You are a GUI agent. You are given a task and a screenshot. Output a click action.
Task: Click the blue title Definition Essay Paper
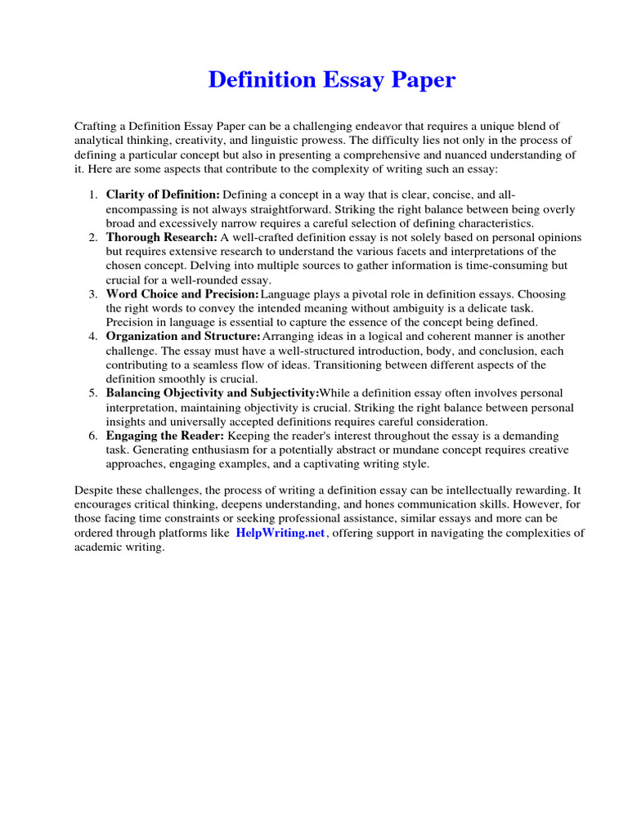pos(331,80)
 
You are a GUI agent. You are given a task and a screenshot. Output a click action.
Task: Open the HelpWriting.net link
pos(280,533)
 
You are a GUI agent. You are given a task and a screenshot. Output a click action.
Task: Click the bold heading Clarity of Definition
pos(163,195)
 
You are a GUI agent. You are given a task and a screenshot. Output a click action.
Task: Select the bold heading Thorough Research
pos(161,237)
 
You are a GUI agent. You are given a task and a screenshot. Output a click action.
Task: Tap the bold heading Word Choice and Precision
pos(182,293)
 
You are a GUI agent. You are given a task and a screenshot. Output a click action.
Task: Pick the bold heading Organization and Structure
pos(183,336)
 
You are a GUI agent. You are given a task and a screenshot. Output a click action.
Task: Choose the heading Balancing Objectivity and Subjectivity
pos(212,393)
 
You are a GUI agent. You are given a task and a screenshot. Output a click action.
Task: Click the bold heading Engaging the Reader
pos(164,436)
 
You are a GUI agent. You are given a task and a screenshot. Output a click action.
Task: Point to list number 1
pos(92,195)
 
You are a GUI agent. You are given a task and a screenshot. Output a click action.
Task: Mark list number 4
pos(92,336)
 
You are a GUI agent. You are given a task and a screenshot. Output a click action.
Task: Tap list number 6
pos(92,436)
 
